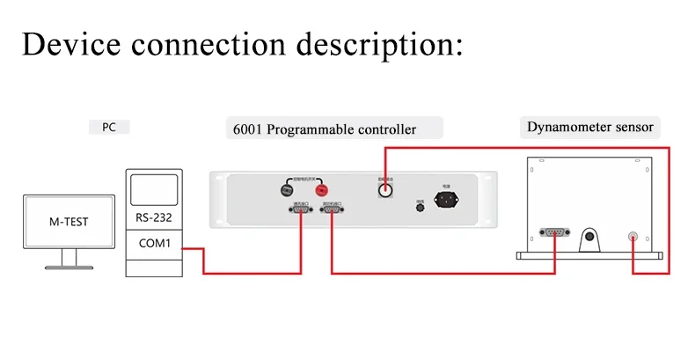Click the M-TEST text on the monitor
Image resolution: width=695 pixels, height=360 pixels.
(x=68, y=221)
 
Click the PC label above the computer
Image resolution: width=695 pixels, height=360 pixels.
(x=109, y=128)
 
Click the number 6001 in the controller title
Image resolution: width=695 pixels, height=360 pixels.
(x=246, y=130)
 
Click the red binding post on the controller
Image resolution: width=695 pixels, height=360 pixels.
(x=322, y=188)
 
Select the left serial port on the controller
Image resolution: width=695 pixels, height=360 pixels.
(x=299, y=210)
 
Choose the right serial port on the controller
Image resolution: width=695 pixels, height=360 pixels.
(x=333, y=210)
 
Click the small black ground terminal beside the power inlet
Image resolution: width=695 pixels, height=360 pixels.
(x=420, y=206)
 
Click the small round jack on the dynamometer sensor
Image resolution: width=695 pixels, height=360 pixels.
(x=632, y=236)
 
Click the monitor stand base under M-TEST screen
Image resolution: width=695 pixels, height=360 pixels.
(x=68, y=263)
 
